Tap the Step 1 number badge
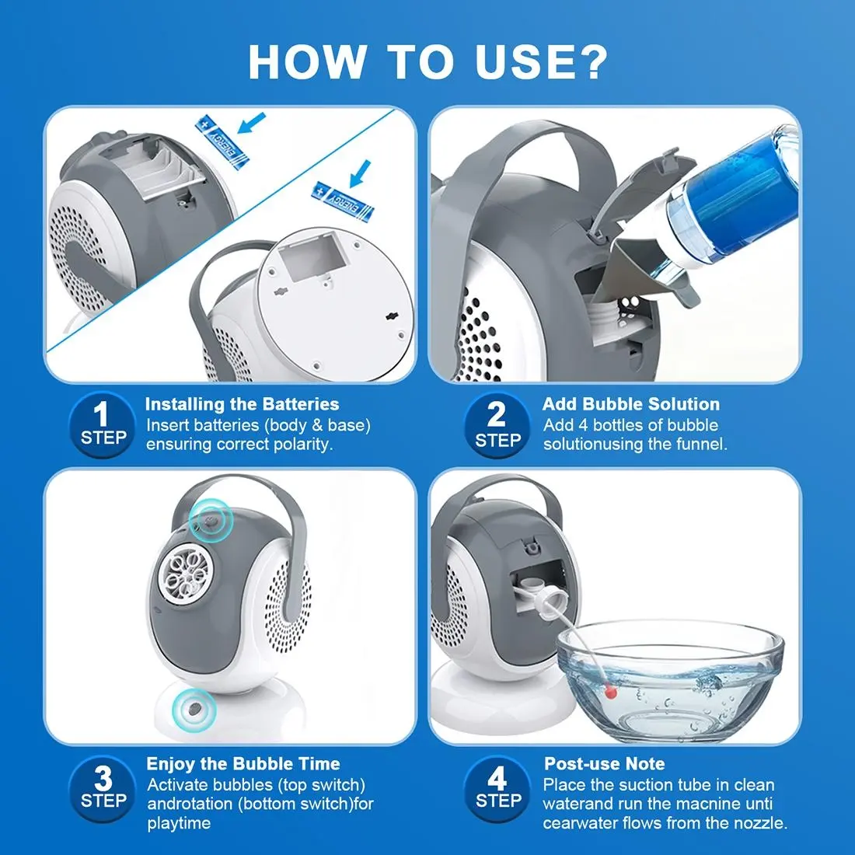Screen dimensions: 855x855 point(103,424)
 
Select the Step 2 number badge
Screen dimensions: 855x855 point(497,424)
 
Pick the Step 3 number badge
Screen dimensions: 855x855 point(103,788)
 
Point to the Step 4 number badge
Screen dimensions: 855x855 point(497,788)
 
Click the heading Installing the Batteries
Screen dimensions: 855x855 point(242,404)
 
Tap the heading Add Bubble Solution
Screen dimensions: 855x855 point(631,404)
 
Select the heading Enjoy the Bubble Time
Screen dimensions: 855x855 point(243,764)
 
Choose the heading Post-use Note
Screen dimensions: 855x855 point(604,763)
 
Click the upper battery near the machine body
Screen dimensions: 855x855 point(222,141)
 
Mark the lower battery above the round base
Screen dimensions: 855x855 point(343,201)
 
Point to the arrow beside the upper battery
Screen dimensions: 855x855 point(252,123)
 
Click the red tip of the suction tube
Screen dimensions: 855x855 point(611,692)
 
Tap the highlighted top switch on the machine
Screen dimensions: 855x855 point(211,520)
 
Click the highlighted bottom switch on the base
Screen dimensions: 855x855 point(194,710)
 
